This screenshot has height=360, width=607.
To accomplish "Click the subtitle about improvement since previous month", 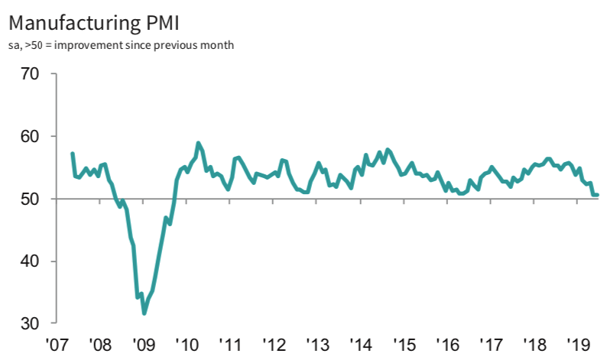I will [x=122, y=44].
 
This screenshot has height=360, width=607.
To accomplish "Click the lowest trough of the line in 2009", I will [x=144, y=313].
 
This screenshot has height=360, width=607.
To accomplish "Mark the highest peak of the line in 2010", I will [x=198, y=143].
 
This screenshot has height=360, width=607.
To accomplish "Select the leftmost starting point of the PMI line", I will [x=72, y=154].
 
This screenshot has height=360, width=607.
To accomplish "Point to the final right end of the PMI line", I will [x=597, y=195].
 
